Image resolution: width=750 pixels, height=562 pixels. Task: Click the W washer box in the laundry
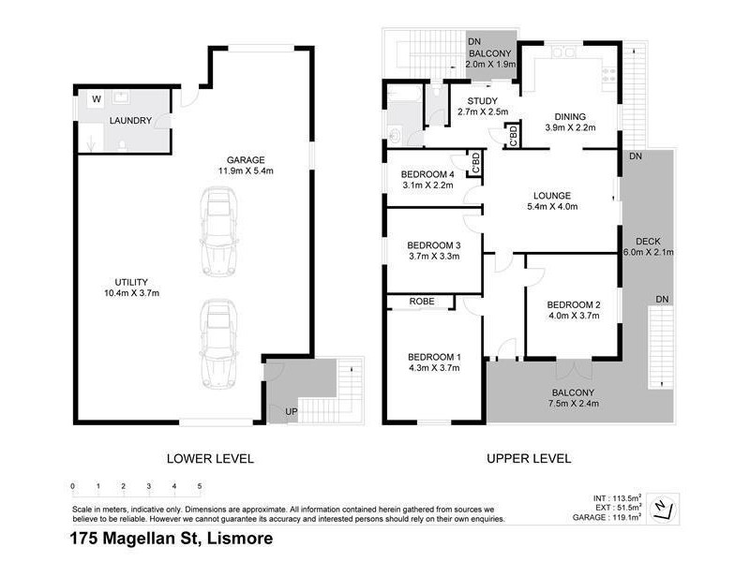click(96, 99)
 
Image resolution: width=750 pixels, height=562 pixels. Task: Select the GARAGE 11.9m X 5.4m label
click(241, 166)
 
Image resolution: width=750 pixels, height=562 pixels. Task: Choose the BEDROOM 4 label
click(427, 174)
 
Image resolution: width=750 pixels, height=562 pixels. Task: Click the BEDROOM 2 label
click(573, 305)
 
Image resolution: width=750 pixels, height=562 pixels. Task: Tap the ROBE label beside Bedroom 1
click(420, 303)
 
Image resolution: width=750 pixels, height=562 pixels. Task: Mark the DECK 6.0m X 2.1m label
click(649, 246)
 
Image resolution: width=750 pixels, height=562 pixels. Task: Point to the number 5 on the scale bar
click(199, 487)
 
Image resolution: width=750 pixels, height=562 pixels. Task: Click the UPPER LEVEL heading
click(529, 458)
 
